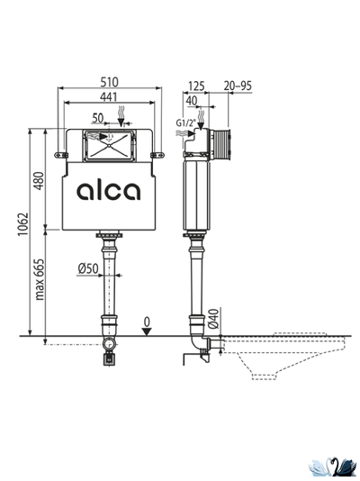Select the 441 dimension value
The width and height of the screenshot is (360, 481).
108,96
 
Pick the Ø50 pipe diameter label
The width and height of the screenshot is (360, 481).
87,267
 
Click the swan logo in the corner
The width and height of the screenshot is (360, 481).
331,466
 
